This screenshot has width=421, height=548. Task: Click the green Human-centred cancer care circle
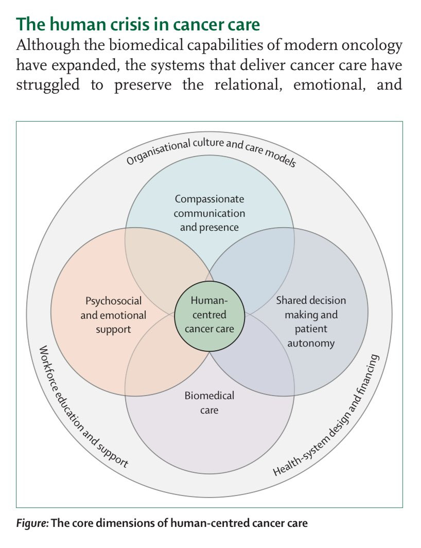click(x=209, y=314)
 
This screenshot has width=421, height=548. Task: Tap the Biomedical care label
click(x=209, y=402)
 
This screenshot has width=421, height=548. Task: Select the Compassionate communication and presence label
click(x=209, y=212)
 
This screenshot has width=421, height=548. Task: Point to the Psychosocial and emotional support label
click(x=113, y=314)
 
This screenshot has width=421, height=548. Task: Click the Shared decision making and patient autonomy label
click(x=311, y=321)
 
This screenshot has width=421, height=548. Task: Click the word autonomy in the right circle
click(x=311, y=342)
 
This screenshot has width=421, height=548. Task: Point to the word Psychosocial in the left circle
click(x=113, y=300)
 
